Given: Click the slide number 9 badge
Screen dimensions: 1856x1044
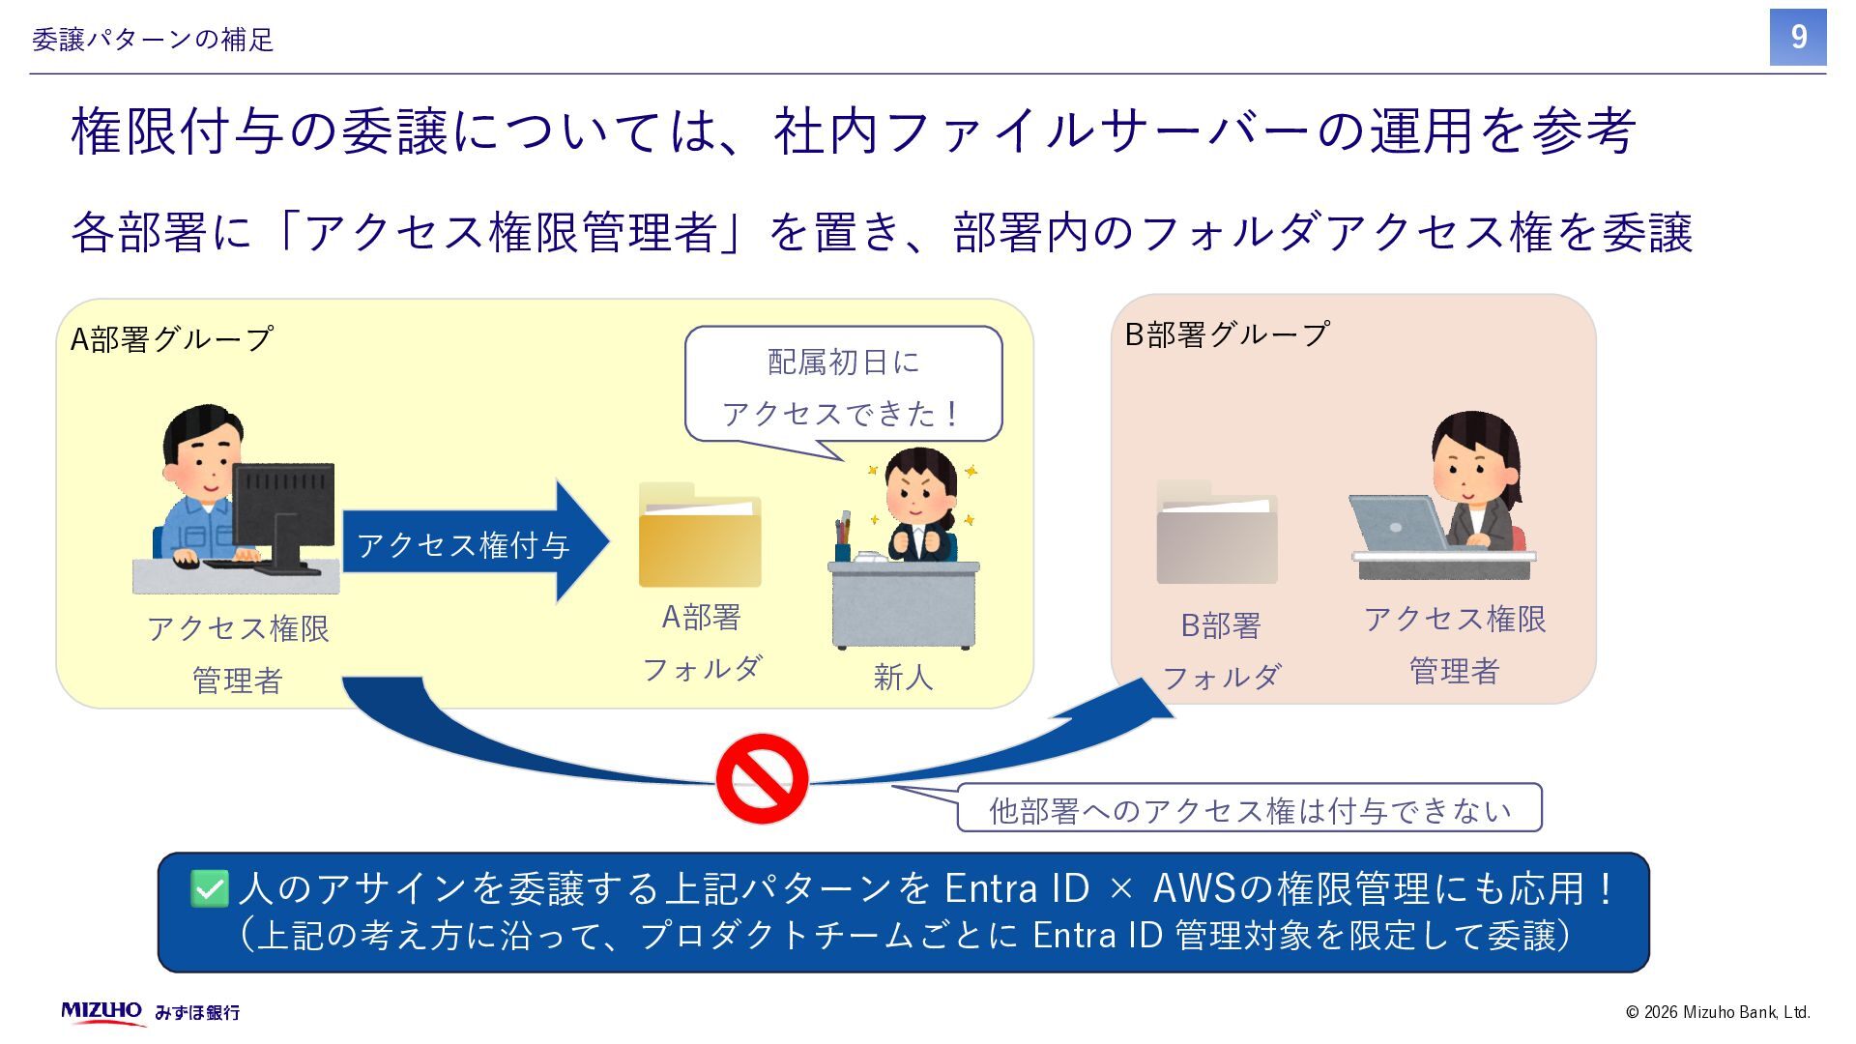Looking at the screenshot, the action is tap(1797, 38).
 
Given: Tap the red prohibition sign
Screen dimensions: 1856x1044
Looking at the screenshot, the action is tap(762, 778).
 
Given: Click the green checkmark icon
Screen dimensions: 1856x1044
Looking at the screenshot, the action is tap(209, 888).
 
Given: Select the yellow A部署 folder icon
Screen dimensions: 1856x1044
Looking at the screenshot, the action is tap(700, 537).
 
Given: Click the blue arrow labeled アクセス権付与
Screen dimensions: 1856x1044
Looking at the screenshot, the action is tap(474, 543).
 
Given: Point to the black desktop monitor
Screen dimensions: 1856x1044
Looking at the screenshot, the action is tap(284, 507).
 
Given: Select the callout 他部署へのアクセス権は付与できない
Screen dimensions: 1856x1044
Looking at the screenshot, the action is tap(1249, 809).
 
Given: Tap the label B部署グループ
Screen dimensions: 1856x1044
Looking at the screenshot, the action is tap(1227, 334).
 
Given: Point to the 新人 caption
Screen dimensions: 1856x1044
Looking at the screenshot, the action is tap(903, 677).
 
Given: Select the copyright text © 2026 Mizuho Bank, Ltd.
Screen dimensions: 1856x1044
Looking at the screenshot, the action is tap(1717, 1012).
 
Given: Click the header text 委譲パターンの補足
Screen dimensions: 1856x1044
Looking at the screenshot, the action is tap(153, 40).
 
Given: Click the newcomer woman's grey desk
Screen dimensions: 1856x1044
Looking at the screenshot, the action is tap(904, 604).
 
